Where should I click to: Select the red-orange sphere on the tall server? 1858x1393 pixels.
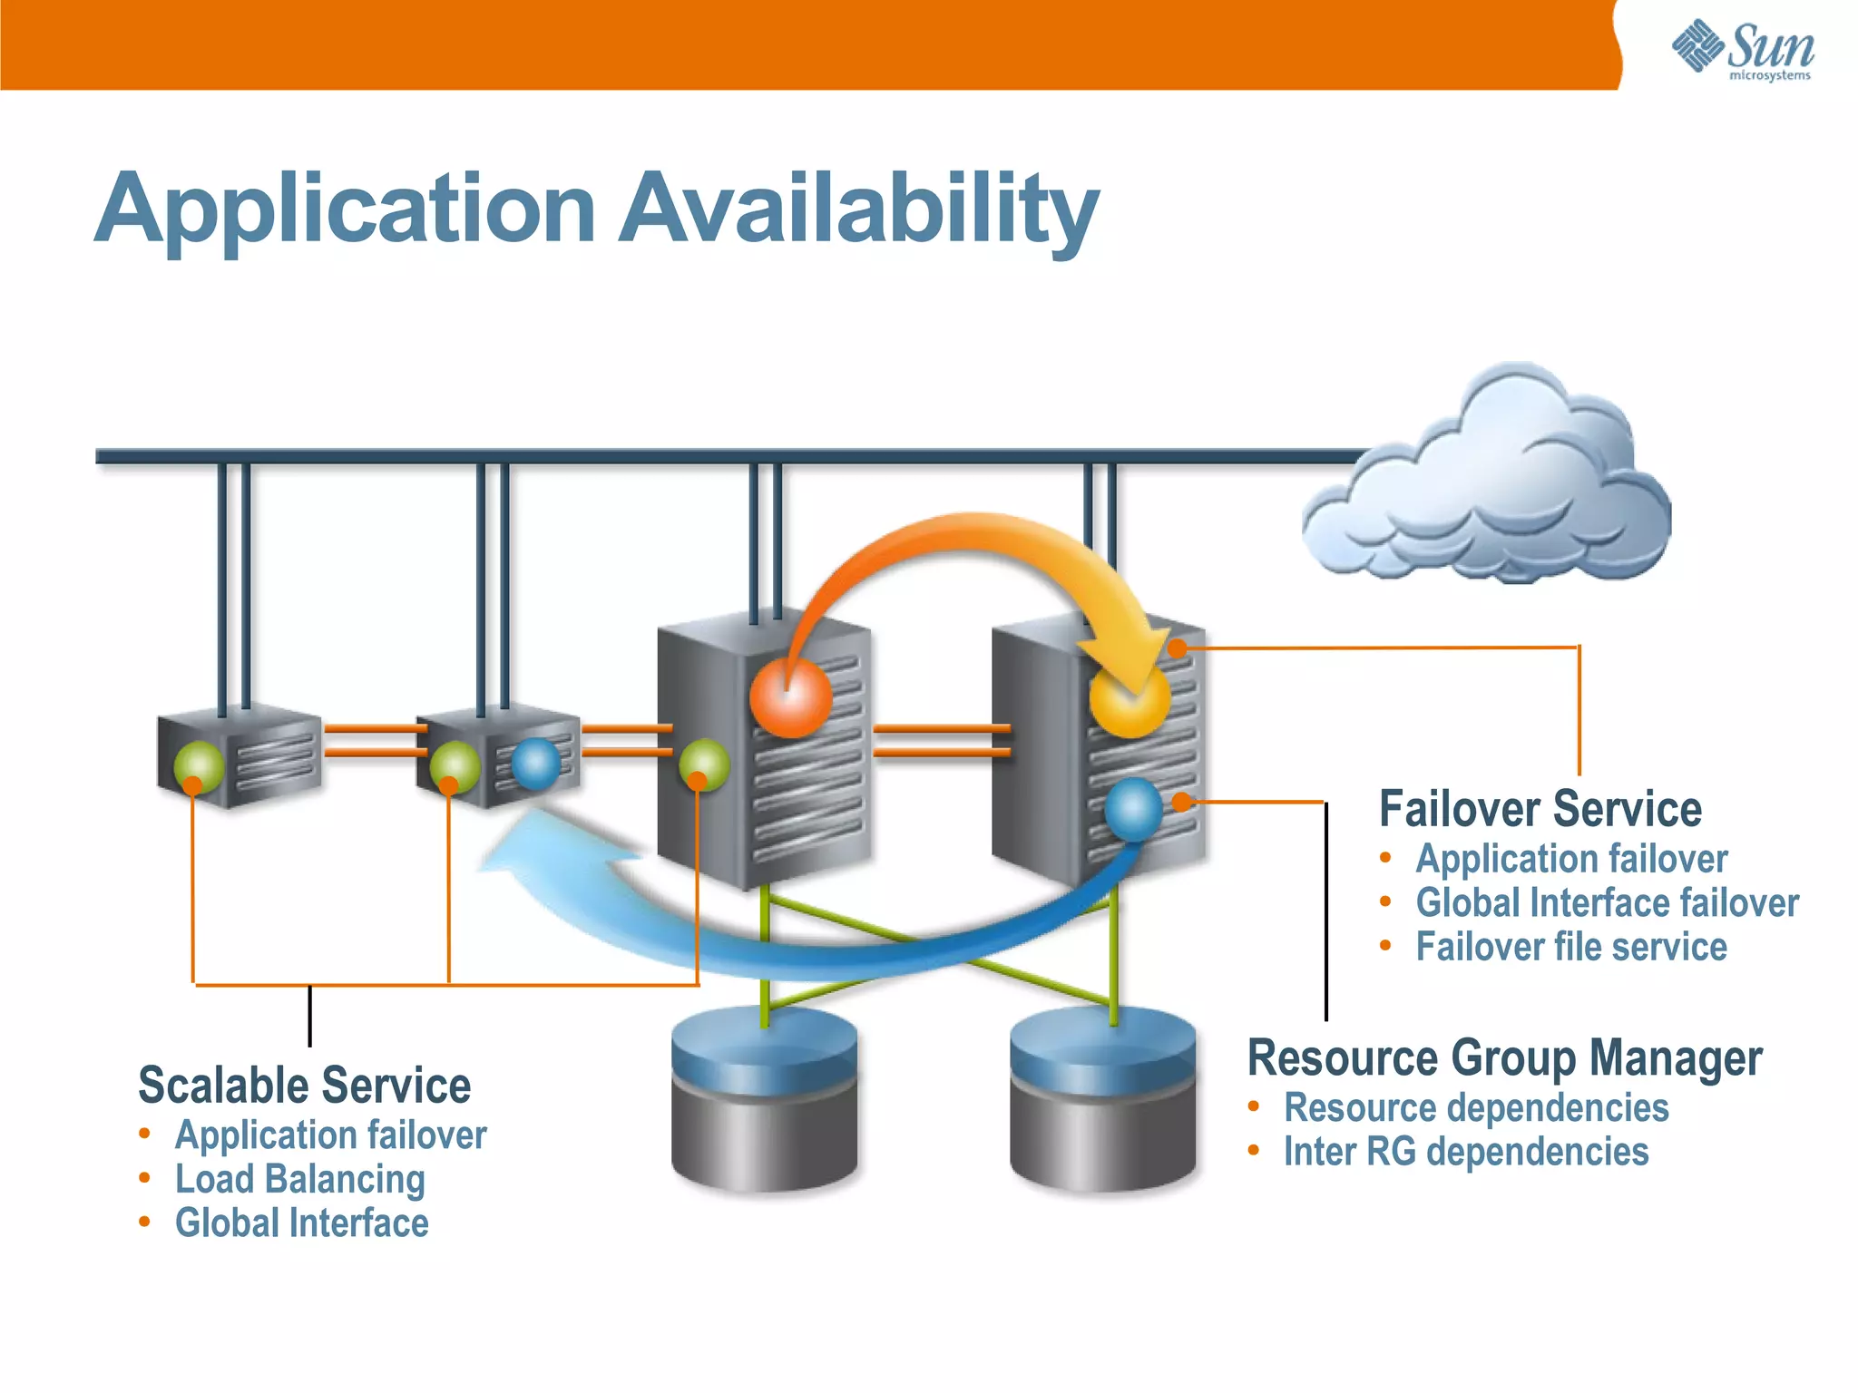point(790,696)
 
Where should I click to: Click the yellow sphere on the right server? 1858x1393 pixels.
point(1129,701)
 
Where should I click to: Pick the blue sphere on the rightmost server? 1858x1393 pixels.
point(1134,809)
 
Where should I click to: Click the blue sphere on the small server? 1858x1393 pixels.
point(536,764)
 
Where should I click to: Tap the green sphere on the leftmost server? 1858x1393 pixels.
point(199,766)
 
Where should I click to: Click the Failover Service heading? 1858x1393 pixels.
point(1540,809)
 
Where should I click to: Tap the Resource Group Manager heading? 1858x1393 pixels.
point(1504,1058)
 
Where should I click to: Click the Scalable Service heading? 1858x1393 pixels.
point(305,1086)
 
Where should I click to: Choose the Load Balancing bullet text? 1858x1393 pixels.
point(299,1179)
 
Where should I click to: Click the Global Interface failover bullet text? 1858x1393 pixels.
point(1607,903)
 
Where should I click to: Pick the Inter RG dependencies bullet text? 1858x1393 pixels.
point(1465,1152)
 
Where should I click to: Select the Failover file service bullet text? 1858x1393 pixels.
point(1570,947)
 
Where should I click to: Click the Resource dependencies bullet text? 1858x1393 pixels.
point(1475,1108)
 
